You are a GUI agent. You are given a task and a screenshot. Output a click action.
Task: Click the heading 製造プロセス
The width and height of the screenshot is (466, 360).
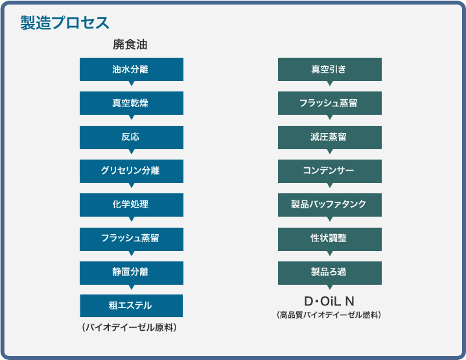(65, 23)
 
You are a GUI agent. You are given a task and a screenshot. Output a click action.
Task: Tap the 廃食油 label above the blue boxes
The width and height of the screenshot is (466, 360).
(130, 45)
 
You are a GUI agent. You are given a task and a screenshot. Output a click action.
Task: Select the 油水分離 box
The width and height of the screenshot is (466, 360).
(132, 69)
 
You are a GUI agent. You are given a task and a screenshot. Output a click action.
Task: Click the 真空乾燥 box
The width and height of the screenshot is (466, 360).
(132, 103)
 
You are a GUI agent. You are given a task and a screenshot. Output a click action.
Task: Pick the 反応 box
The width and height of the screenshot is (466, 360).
(132, 137)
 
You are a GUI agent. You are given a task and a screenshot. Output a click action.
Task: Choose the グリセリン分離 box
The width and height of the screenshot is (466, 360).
(132, 171)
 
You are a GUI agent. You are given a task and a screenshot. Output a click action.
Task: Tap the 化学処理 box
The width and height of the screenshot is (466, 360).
(132, 205)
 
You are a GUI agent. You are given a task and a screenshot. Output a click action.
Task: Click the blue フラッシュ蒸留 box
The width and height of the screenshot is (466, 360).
(132, 239)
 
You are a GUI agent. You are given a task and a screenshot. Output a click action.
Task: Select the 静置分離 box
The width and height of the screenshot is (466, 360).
(132, 273)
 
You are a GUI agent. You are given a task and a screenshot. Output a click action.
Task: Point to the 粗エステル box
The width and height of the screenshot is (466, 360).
(132, 306)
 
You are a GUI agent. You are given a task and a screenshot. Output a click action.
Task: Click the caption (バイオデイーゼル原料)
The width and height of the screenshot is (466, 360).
(129, 328)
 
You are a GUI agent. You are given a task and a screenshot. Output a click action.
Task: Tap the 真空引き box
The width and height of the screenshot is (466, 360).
(330, 69)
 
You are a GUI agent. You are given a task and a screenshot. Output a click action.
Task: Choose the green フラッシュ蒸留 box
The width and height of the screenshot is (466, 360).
(330, 103)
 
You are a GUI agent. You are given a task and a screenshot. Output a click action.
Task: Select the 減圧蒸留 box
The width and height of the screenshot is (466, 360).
(330, 137)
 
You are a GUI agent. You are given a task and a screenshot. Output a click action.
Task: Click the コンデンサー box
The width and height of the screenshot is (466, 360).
(330, 171)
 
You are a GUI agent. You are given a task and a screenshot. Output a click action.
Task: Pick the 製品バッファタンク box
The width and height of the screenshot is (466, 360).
(330, 205)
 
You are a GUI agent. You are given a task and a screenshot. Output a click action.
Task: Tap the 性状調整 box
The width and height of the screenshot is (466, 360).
(330, 239)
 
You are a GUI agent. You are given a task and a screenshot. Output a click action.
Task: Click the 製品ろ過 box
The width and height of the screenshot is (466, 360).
(330, 273)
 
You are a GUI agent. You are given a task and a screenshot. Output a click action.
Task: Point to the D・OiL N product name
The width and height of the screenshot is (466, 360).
(329, 302)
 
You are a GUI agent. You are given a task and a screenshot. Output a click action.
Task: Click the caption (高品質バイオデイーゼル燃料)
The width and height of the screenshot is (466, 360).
(329, 315)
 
